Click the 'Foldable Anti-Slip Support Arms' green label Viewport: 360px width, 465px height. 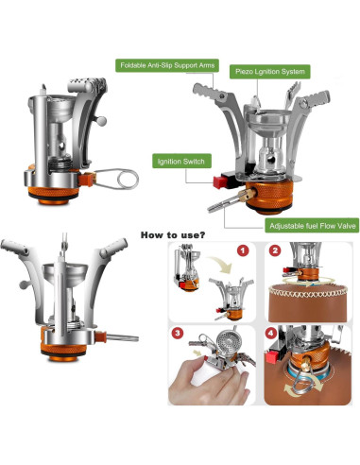(x=167, y=65)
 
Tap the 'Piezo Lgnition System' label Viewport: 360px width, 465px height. (x=270, y=72)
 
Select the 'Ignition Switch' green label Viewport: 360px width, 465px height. (x=181, y=162)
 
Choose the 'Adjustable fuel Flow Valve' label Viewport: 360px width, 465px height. (x=312, y=226)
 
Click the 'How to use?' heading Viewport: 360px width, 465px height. (x=173, y=235)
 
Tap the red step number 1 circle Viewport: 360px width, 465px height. (x=243, y=250)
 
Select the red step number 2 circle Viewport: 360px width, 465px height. (x=275, y=251)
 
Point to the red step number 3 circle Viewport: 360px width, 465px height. (x=178, y=334)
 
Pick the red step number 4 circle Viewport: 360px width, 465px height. (x=271, y=334)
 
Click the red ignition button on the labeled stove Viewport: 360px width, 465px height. (x=219, y=182)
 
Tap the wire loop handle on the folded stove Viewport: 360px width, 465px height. (x=118, y=179)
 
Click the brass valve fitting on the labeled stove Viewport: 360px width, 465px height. (x=247, y=195)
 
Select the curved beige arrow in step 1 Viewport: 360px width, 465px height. (x=221, y=263)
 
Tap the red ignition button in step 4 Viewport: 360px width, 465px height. (x=272, y=357)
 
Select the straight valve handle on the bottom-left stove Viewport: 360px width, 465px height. (x=122, y=338)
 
